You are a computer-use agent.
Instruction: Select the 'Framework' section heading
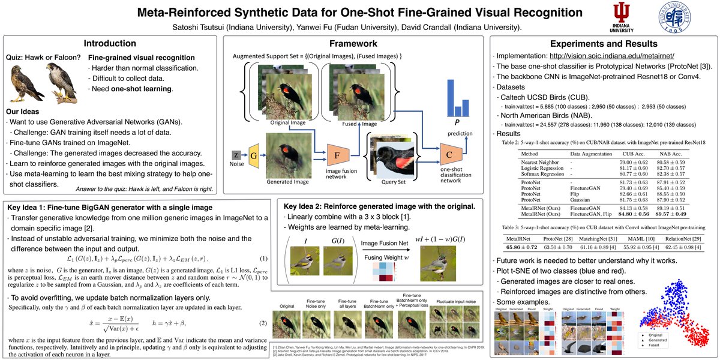click(355, 43)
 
